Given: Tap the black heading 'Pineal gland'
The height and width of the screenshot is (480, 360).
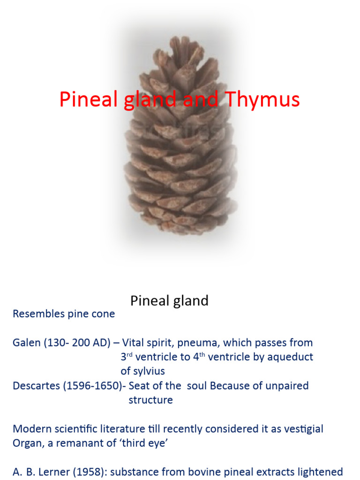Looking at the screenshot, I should [x=169, y=300].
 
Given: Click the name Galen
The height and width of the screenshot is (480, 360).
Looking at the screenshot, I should [x=26, y=343].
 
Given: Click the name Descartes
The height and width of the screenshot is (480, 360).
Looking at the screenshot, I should [x=36, y=386].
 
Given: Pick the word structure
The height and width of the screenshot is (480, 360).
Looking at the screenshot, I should [x=150, y=400].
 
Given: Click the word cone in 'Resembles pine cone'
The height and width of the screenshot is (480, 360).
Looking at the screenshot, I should [x=103, y=314].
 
